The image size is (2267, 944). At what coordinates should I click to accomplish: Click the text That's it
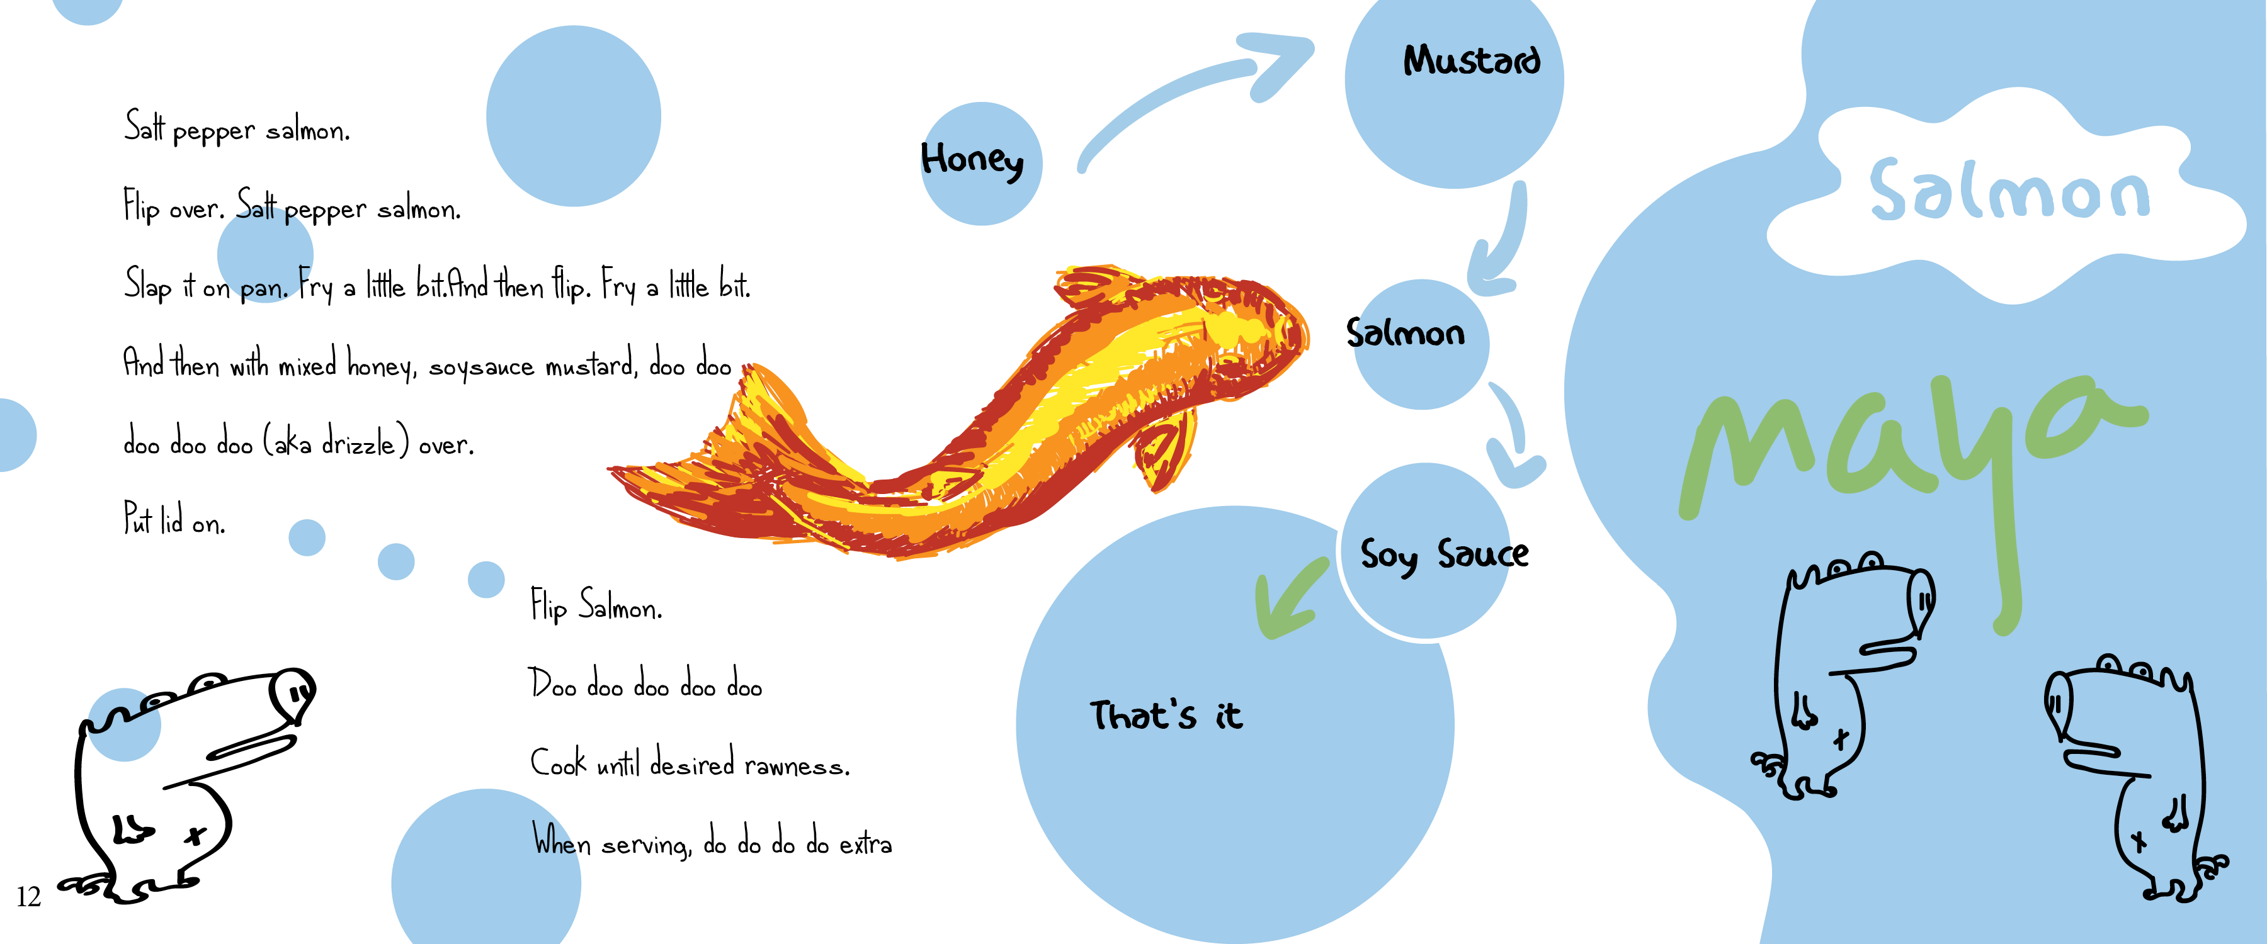pos(1166,716)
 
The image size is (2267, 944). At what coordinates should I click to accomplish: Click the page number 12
pos(28,897)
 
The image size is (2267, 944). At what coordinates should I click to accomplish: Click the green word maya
pos(1910,449)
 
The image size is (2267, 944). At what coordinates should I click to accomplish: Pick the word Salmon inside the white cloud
pos(2009,191)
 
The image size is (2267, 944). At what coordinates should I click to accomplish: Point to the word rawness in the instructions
pos(797,765)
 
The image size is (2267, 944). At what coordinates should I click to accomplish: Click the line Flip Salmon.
pos(596,606)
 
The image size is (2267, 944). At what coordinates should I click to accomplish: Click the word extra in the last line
pos(865,845)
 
